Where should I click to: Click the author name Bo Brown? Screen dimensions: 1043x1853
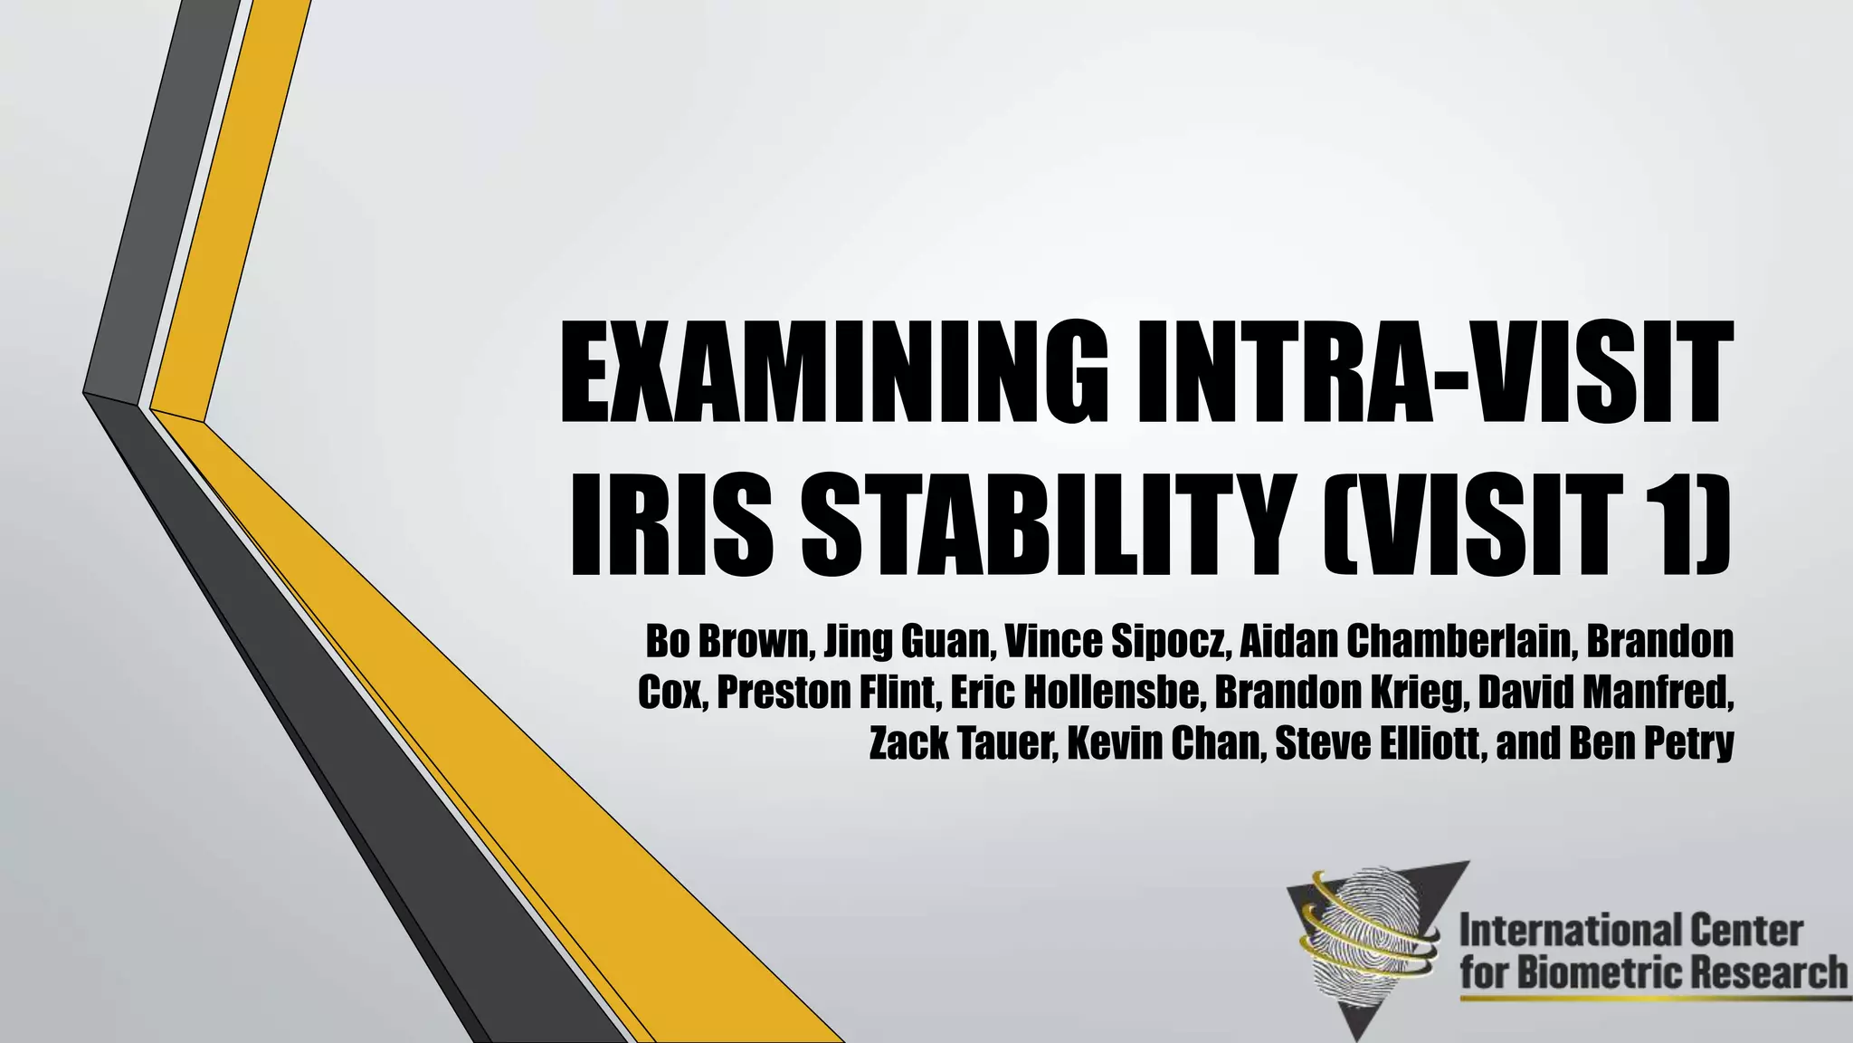tap(729, 642)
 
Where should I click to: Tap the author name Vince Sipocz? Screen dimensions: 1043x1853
tap(1117, 642)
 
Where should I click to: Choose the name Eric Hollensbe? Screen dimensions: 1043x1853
tap(1075, 693)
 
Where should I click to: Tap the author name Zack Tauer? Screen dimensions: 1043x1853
tap(961, 744)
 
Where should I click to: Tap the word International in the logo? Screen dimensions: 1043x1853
tap(1560, 931)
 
